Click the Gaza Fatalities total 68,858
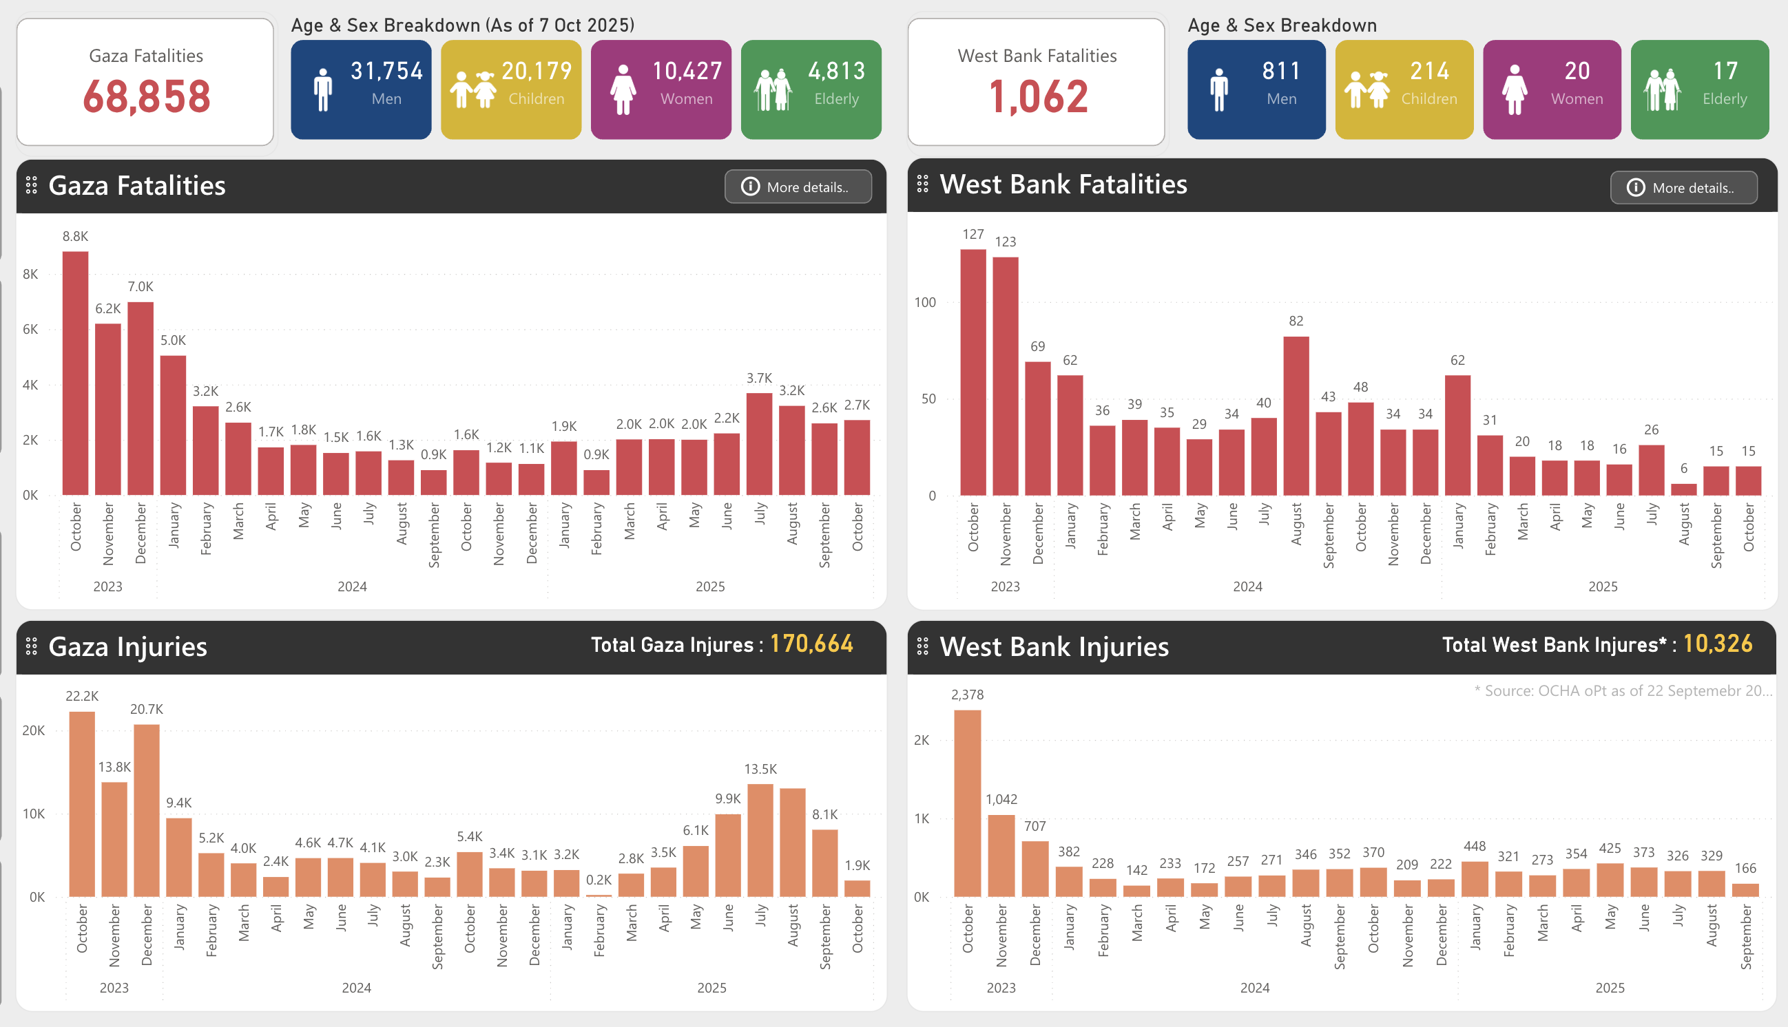tap(146, 96)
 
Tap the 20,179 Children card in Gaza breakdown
tap(511, 89)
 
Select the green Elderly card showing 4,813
tap(811, 89)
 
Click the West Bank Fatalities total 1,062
tap(1037, 96)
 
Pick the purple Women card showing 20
tap(1552, 89)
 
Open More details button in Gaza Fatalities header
tap(798, 187)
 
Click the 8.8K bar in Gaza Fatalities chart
tap(76, 374)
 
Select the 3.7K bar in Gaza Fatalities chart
tap(759, 445)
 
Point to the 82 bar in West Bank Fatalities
tap(1296, 416)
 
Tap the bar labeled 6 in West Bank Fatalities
tap(1683, 489)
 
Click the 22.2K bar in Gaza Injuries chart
tap(82, 804)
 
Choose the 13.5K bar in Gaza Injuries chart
tap(760, 839)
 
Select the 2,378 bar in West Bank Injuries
tap(968, 804)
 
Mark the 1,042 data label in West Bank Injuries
tap(1001, 799)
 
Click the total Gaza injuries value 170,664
tap(811, 644)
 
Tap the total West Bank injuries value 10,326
tap(1718, 644)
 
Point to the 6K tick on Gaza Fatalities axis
tap(30, 330)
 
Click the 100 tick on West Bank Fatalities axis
tap(924, 303)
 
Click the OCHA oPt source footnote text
tap(1623, 691)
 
